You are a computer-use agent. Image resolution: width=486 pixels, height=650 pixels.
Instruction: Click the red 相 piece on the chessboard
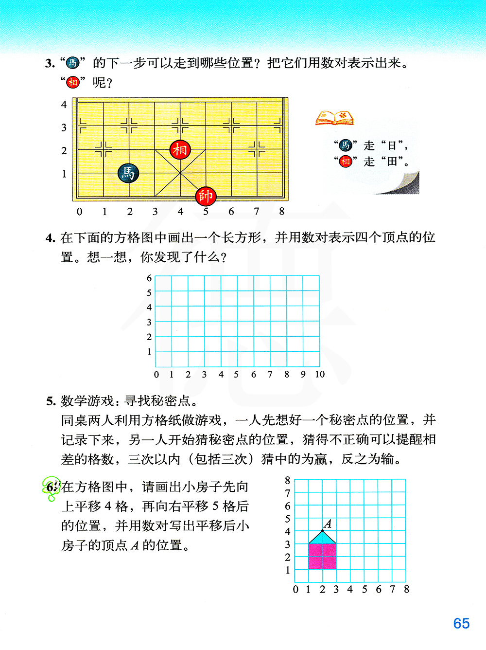click(x=180, y=150)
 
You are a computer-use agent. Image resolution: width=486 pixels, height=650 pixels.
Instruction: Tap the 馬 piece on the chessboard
click(x=128, y=173)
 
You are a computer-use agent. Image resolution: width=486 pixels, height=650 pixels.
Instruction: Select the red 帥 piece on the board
click(x=205, y=196)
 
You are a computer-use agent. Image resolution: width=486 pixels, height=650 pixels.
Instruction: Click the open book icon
click(x=334, y=118)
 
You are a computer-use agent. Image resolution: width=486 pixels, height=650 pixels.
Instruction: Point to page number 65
click(x=461, y=623)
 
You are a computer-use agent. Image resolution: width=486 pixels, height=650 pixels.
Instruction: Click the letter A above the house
click(x=328, y=524)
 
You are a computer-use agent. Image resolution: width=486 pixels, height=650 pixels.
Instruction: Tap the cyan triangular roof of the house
click(x=322, y=538)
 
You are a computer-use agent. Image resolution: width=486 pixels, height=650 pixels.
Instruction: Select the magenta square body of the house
click(x=322, y=556)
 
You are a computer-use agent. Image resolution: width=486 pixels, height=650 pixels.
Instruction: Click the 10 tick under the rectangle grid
click(x=319, y=374)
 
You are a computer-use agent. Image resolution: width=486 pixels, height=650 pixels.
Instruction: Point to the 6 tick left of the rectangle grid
click(x=149, y=278)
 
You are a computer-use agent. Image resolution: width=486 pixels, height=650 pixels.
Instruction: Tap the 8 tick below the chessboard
click(x=282, y=212)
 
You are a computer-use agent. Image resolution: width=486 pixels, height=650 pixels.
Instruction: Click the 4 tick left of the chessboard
click(x=64, y=105)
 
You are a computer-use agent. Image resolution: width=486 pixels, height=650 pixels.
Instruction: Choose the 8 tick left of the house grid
click(x=288, y=480)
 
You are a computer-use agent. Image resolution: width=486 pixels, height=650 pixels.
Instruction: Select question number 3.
click(x=50, y=63)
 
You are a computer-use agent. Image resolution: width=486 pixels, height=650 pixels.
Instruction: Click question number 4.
click(x=50, y=238)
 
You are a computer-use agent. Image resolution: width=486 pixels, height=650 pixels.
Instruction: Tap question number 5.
click(x=51, y=401)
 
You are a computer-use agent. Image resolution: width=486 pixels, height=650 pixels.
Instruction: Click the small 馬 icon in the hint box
click(x=345, y=145)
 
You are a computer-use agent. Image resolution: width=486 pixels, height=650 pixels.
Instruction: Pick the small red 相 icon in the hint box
click(x=345, y=161)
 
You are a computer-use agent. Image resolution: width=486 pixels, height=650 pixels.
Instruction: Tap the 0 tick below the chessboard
click(x=80, y=212)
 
